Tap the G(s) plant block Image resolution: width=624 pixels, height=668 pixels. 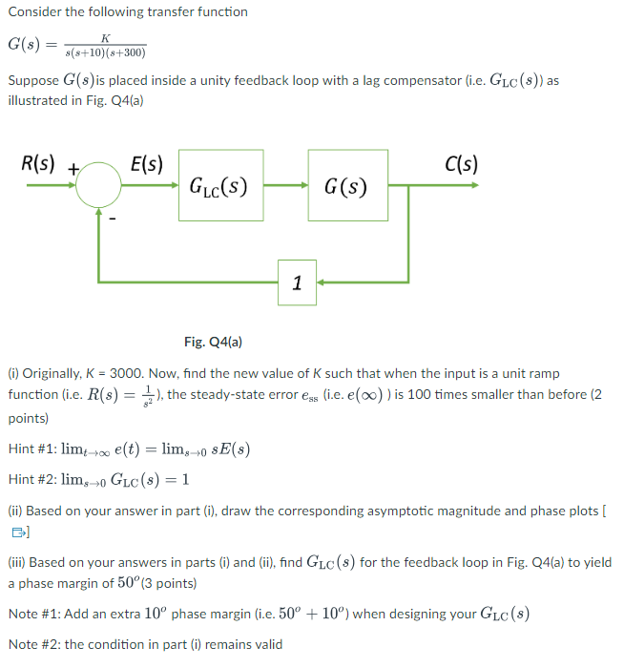[345, 185]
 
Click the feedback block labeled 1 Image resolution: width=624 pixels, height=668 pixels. [297, 282]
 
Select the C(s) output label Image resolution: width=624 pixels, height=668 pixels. [462, 164]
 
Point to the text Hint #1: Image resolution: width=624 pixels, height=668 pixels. [32, 449]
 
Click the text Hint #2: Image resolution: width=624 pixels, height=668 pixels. [32, 479]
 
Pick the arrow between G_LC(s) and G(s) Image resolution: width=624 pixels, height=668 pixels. [285, 185]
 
